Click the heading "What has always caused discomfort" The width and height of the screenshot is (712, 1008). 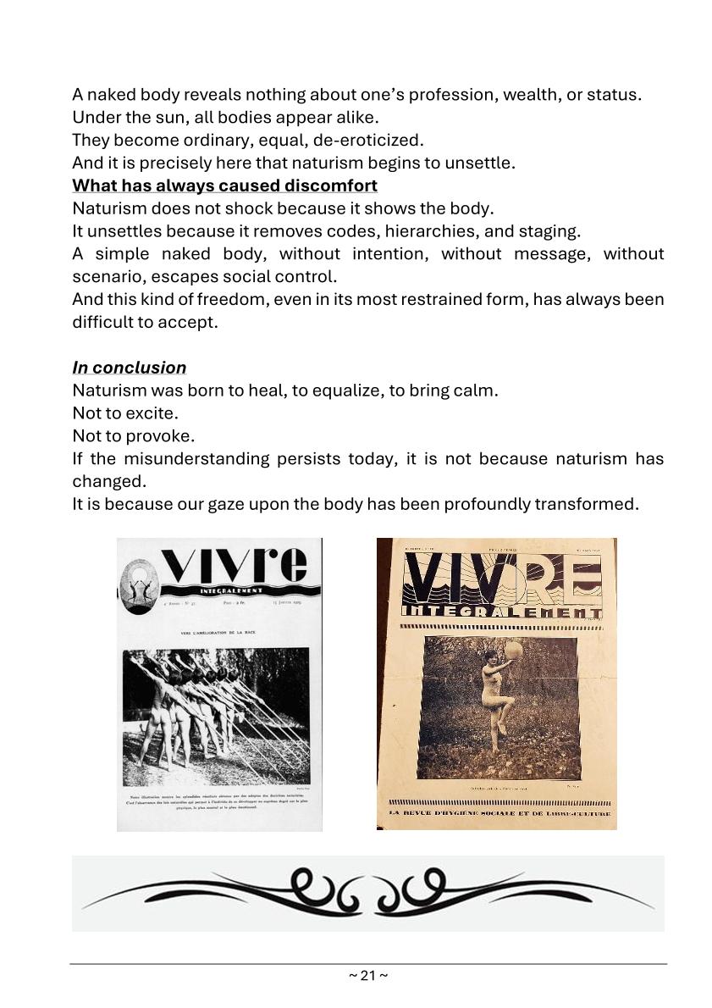coord(224,186)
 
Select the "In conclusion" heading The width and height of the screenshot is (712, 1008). coord(129,368)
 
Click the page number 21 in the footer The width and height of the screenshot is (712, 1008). coord(368,976)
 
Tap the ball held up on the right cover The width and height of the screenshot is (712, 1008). coord(513,651)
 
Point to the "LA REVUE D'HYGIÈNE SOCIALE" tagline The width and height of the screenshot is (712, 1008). coord(500,814)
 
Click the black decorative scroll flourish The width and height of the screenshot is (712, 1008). coord(367,893)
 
